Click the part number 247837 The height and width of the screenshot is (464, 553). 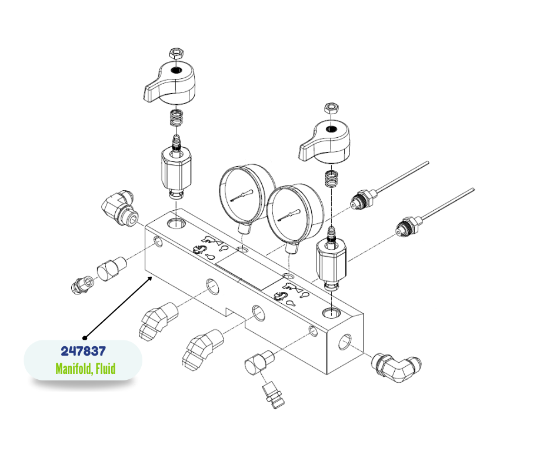83,351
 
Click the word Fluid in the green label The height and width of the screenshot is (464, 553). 105,369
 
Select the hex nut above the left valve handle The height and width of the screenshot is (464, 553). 176,54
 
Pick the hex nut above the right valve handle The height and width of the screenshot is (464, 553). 331,108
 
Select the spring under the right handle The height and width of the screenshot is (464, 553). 331,178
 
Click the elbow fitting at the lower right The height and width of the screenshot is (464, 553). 397,367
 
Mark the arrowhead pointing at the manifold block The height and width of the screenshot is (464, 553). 149,279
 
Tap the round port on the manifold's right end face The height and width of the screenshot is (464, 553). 345,342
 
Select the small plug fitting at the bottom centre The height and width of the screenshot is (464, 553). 274,395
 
